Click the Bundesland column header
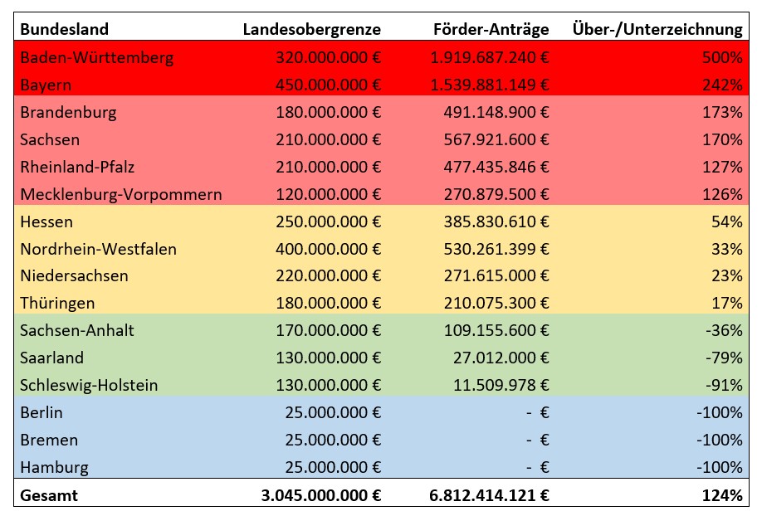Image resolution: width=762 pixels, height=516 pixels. pos(64,29)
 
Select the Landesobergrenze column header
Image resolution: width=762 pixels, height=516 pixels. pos(311,30)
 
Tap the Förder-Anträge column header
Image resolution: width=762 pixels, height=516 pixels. pos(491,30)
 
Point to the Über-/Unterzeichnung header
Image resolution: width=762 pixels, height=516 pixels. pos(657,29)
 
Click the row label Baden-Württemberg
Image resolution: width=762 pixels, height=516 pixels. pos(97,57)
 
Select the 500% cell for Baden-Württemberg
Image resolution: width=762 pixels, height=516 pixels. pos(722,57)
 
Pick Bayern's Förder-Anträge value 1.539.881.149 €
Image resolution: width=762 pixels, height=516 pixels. pos(490,85)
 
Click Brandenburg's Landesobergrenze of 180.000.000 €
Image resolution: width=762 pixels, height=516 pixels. pos(329,112)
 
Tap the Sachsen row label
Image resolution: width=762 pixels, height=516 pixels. pos(50,140)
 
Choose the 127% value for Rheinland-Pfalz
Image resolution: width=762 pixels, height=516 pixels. pos(722,167)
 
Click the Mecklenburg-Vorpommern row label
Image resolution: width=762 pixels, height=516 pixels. pos(121,194)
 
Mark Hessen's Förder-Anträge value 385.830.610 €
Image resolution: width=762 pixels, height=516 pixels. pos(496,221)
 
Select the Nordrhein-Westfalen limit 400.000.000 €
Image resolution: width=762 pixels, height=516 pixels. pos(329,249)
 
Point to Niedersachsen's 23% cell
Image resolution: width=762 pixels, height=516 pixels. pos(727,276)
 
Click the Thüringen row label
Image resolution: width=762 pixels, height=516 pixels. pos(57,303)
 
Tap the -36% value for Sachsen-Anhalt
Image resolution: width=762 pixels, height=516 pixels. pos(724,330)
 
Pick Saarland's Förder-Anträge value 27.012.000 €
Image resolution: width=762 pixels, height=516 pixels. pos(501,358)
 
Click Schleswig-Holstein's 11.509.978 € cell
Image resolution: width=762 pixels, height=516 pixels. pos(501,385)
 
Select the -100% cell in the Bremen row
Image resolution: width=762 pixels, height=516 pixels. pos(720,441)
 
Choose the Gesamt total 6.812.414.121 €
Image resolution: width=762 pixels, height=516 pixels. pos(489,495)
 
